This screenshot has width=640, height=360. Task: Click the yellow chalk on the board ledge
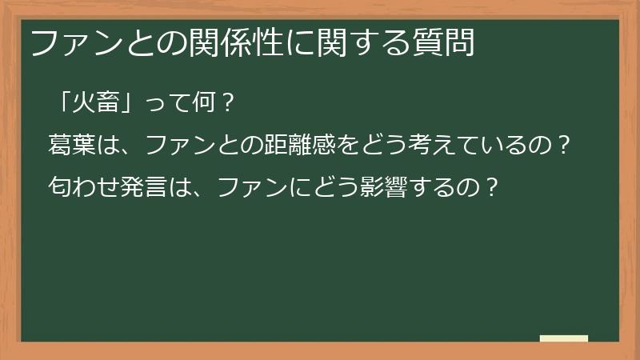pyautogui.click(x=565, y=338)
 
